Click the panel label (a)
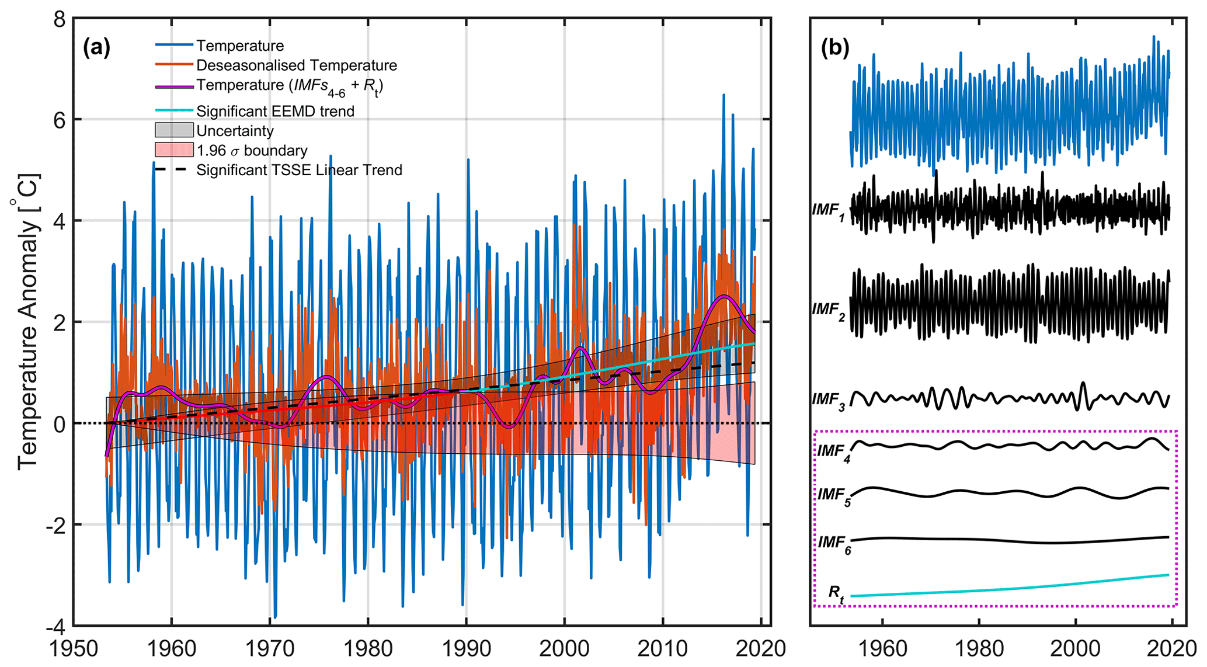96,47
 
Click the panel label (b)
835,47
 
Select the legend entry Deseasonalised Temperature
296,65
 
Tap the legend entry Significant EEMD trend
275,111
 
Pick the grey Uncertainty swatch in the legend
173,130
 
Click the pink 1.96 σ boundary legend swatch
173,150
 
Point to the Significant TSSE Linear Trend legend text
299,170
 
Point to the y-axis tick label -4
55,626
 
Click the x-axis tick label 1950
73,649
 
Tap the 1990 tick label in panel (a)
466,649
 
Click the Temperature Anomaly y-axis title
27,321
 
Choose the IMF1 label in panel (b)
829,211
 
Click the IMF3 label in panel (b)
829,401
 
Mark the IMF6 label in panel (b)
834,544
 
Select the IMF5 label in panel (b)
833,496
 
